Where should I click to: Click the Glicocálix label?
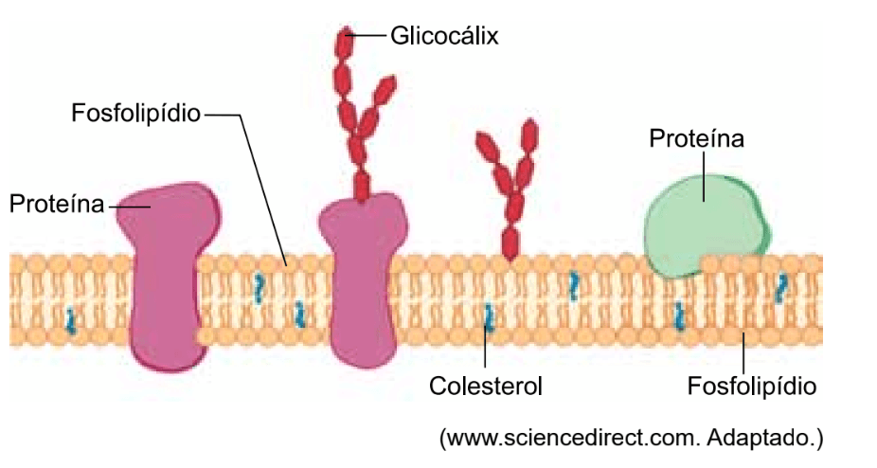tap(444, 36)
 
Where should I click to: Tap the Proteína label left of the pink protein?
tap(56, 204)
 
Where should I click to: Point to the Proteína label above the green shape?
tap(696, 138)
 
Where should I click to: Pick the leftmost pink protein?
tap(167, 275)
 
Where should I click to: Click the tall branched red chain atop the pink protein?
tap(361, 104)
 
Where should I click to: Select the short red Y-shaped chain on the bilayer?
tap(510, 189)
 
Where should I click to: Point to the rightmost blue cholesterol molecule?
tap(781, 287)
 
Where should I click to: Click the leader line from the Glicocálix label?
tap(370, 36)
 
